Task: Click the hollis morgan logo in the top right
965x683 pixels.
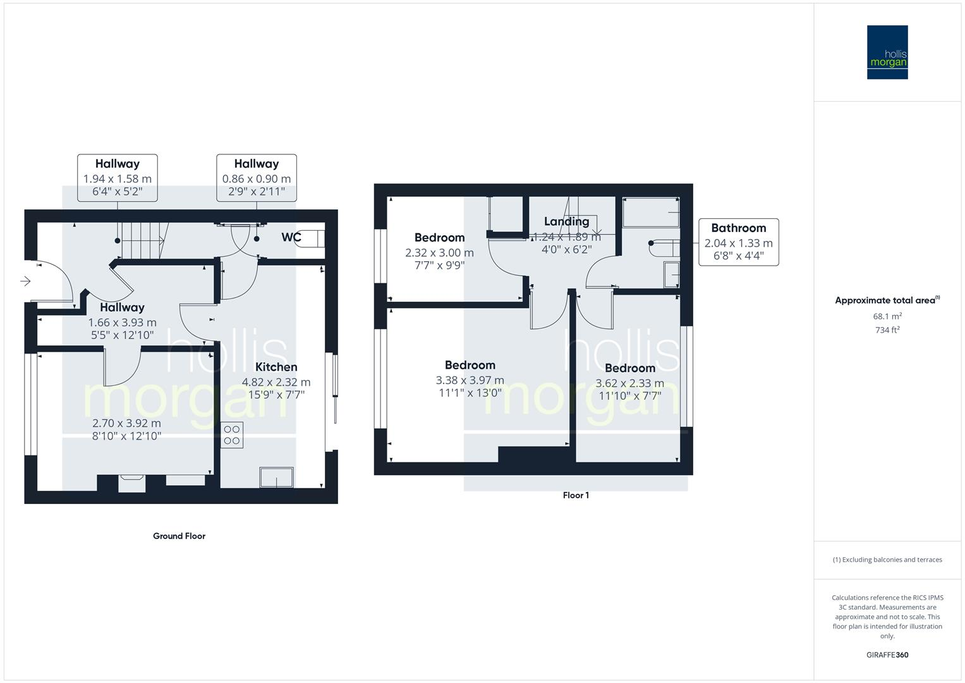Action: (887, 52)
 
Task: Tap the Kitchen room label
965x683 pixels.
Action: (276, 367)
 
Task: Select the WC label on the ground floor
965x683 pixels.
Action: (291, 237)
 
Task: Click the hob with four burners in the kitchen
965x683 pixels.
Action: (232, 435)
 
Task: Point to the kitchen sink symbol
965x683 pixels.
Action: (276, 477)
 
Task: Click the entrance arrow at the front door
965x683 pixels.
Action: (25, 281)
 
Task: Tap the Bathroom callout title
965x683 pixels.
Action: (738, 228)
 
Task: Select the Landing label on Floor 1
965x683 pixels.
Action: (566, 221)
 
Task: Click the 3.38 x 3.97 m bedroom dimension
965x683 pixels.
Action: (470, 380)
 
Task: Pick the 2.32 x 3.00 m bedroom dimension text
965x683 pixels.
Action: (439, 252)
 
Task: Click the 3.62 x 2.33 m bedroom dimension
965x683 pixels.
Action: (629, 383)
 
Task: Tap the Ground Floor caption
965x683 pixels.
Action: (179, 536)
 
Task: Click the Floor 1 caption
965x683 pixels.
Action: (576, 495)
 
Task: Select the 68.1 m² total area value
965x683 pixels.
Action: (887, 316)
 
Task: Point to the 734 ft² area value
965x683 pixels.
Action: (887, 330)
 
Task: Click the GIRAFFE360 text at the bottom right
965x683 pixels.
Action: (887, 655)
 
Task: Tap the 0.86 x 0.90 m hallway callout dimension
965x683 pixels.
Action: (257, 179)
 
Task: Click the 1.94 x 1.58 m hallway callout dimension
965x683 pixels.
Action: (118, 179)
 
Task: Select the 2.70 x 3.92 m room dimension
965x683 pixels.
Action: (126, 423)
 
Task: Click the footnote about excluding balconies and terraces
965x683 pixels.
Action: (887, 560)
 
